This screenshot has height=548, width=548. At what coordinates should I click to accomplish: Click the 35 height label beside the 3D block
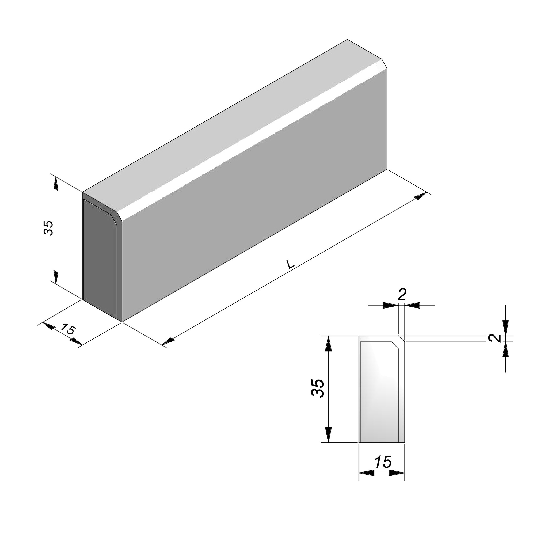[48, 228]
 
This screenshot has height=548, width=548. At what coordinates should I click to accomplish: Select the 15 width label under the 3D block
[68, 329]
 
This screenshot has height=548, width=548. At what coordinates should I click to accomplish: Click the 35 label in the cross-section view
[318, 388]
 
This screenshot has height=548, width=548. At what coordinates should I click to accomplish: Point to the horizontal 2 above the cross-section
[402, 295]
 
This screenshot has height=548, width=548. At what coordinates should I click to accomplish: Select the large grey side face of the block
[255, 196]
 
